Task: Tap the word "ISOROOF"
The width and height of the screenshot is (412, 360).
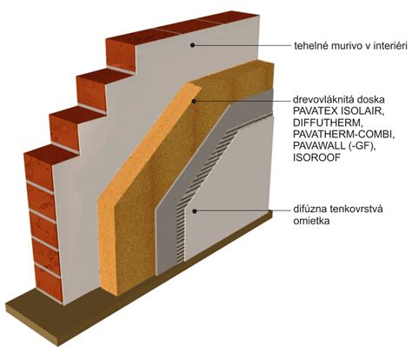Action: coord(316,157)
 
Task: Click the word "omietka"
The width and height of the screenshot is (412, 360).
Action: coord(311,221)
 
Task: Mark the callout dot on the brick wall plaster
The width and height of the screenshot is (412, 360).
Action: coord(192,45)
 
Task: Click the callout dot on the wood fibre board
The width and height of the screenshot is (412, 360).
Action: coord(195,101)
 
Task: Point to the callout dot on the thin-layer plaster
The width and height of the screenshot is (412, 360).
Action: coord(195,211)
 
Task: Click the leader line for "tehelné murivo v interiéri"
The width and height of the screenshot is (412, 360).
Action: coord(241,45)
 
